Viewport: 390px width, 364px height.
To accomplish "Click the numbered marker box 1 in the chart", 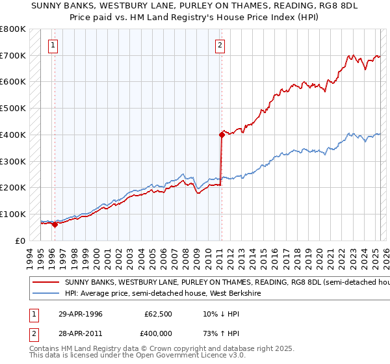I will tap(53, 45).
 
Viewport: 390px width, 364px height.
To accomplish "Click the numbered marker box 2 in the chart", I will tap(220, 45).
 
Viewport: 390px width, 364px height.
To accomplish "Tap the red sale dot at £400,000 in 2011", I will tap(222, 135).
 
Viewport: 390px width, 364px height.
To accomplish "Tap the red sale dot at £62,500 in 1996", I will tap(55, 224).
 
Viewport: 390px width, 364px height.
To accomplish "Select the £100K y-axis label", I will tap(13, 214).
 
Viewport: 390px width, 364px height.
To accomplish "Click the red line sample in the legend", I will tap(45, 283).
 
